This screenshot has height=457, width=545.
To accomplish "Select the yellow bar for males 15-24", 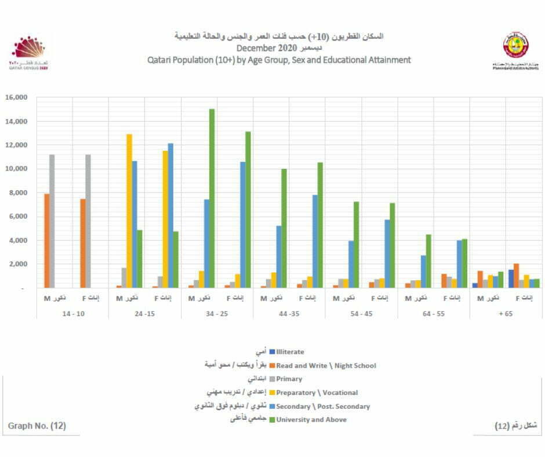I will [x=129, y=211].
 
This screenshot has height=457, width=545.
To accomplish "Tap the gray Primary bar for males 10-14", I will [x=52, y=221].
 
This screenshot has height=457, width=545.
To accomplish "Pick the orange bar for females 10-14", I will [x=83, y=244].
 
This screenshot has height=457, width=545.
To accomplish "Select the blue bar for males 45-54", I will [x=351, y=264].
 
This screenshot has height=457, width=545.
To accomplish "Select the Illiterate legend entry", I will [x=290, y=351].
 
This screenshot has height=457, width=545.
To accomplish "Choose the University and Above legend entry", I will [x=311, y=419].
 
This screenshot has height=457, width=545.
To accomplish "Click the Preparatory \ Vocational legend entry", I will [x=317, y=393].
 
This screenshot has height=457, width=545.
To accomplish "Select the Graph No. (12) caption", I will [x=37, y=426].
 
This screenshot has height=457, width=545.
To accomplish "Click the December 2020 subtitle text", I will [x=267, y=48].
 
